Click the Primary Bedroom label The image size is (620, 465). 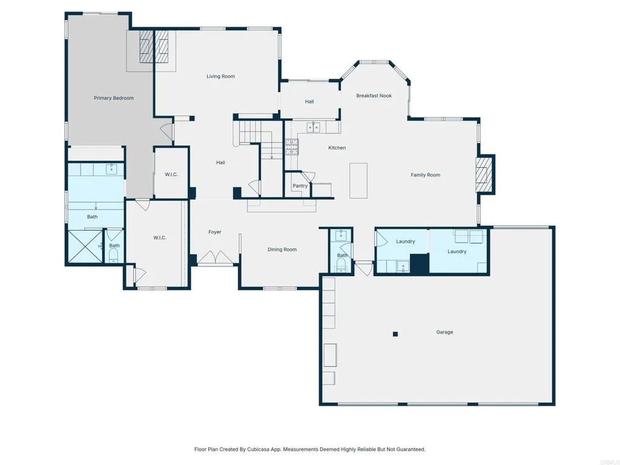[113, 98]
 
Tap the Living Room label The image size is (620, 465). [220, 76]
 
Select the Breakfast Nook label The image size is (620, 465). [374, 96]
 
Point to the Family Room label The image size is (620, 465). [425, 175]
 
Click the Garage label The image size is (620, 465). [444, 332]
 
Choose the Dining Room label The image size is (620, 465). [282, 249]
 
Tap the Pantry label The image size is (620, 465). [300, 186]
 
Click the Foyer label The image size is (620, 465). [215, 232]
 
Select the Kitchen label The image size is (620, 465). [337, 148]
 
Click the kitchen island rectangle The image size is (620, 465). [358, 180]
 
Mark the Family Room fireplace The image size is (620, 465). [483, 175]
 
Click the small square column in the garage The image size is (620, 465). [395, 334]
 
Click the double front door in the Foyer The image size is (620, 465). [216, 258]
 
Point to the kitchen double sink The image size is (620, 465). [313, 127]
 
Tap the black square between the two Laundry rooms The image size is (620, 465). [419, 263]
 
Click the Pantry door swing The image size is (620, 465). [308, 176]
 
